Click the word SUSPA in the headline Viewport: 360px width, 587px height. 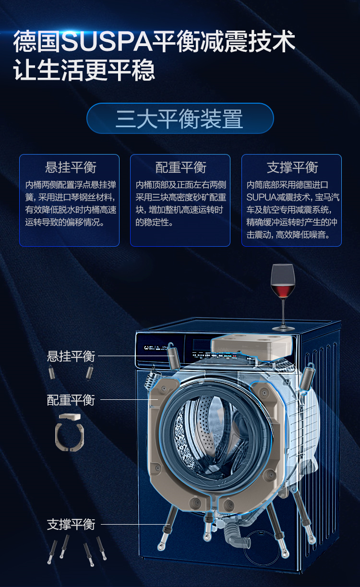[x=107, y=41]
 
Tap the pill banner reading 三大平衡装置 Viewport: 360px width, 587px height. [x=180, y=119]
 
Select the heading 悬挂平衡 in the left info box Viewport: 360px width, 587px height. [x=71, y=167]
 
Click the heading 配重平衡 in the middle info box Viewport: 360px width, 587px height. [x=181, y=167]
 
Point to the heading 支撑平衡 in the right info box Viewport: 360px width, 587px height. [x=292, y=167]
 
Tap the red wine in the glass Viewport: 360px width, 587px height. [x=283, y=289]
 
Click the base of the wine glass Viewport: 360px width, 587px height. [x=283, y=328]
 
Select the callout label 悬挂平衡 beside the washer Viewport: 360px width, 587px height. [x=71, y=357]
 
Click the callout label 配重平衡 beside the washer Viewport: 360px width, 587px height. [x=71, y=400]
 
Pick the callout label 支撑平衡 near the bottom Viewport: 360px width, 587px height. [x=71, y=525]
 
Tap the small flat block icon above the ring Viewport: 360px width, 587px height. [x=70, y=417]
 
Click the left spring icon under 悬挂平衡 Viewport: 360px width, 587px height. [x=52, y=372]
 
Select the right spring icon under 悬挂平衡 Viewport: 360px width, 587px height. [x=89, y=371]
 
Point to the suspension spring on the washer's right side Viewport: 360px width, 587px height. [x=307, y=376]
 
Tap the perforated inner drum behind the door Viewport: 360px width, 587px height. [x=207, y=432]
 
